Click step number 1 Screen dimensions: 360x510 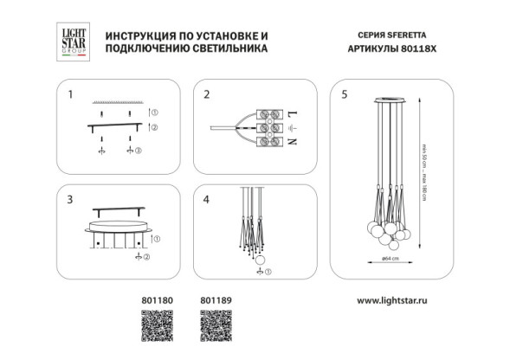[x=71, y=93]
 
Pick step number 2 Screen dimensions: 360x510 [x=207, y=93]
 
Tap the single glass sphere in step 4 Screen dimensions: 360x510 [x=257, y=257]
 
